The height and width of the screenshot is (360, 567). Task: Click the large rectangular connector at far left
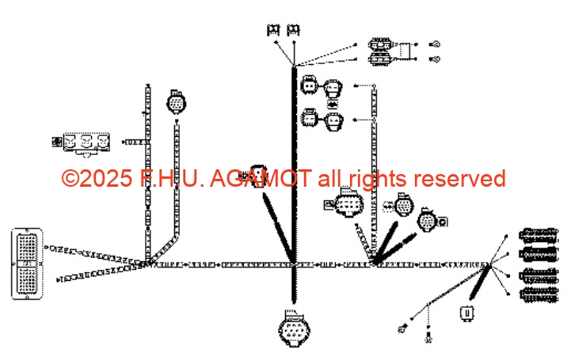pyautogui.click(x=27, y=263)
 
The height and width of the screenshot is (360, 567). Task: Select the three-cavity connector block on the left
pyautogui.click(x=86, y=143)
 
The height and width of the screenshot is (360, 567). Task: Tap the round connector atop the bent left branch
pyautogui.click(x=176, y=102)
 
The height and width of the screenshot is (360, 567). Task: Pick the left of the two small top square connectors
pyautogui.click(x=273, y=29)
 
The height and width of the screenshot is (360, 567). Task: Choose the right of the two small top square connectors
pyautogui.click(x=293, y=29)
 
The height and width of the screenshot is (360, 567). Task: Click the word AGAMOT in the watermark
pyautogui.click(x=261, y=179)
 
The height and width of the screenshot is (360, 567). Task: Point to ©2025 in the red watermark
pyautogui.click(x=97, y=179)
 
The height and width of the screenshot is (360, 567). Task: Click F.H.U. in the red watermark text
pyautogui.click(x=171, y=179)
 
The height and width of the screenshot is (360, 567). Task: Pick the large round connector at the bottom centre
pyautogui.click(x=294, y=329)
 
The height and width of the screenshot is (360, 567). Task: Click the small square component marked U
pyautogui.click(x=467, y=313)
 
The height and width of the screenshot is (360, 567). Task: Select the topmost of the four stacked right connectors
pyautogui.click(x=538, y=235)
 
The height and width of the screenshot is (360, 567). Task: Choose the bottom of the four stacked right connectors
pyautogui.click(x=538, y=295)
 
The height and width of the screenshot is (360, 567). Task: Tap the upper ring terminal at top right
pyautogui.click(x=435, y=44)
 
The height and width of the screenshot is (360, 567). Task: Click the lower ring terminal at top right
pyautogui.click(x=435, y=59)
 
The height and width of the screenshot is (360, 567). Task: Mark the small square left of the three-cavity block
pyautogui.click(x=57, y=142)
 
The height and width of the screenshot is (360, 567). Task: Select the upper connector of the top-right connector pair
pyautogui.click(x=380, y=44)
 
